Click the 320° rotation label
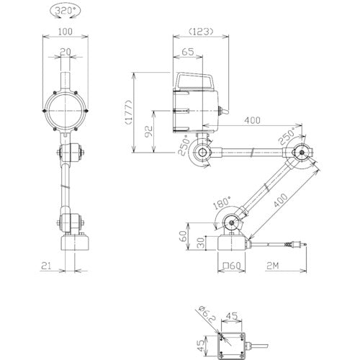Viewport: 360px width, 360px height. [66, 11]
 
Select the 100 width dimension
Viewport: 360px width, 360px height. [66, 32]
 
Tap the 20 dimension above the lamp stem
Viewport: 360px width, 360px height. [66, 52]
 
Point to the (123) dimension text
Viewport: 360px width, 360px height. [201, 32]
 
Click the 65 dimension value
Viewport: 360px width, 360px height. [188, 52]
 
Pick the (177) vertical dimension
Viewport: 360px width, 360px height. [129, 112]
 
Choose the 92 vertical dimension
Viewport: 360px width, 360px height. [149, 131]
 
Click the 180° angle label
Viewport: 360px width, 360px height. [222, 202]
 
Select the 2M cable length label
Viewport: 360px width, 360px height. [272, 266]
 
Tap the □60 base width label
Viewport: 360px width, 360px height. [232, 266]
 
